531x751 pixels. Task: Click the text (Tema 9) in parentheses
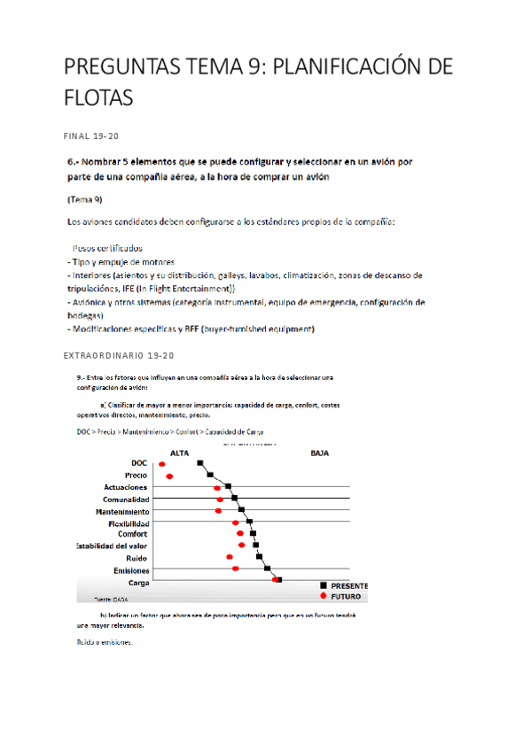(x=84, y=199)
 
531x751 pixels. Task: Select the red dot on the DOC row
(x=161, y=464)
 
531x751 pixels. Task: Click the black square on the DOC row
(x=201, y=463)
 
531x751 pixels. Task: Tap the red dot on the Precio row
(x=169, y=476)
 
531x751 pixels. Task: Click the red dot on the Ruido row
(x=230, y=557)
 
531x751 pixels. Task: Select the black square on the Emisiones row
(x=268, y=569)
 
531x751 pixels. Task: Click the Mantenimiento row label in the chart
(x=122, y=512)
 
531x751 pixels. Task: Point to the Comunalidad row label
(x=126, y=499)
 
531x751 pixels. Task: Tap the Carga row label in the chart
(x=139, y=583)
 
